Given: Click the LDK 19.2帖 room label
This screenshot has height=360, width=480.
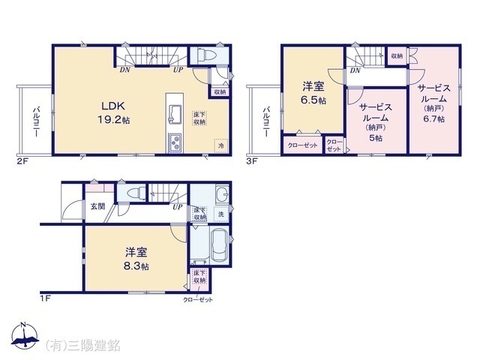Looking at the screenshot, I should coord(112,112).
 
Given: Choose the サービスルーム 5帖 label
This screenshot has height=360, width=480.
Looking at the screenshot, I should coord(374,123).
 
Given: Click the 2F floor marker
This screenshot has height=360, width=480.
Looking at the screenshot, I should coord(23,160).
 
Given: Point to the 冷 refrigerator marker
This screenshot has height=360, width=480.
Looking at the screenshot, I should coord(220,145).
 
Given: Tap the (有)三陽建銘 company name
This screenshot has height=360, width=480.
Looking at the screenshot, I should coord(83,345).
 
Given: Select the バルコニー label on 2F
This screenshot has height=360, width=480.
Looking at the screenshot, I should coord(35,122).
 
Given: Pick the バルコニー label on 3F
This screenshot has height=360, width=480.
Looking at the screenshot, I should coord(265,122).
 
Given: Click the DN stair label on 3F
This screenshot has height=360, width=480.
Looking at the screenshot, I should coord(353,70).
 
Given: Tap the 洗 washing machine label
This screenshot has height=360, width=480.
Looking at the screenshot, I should coord(220,215).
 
